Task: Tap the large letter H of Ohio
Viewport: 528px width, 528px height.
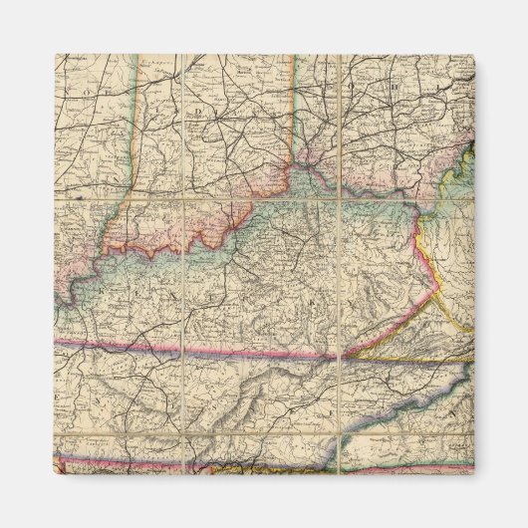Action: point(393,87)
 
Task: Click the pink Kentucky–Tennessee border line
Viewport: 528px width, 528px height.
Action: point(199,350)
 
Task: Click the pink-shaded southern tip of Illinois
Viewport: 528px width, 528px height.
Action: point(68,289)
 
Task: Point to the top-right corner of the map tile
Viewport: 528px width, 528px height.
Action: point(473,55)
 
